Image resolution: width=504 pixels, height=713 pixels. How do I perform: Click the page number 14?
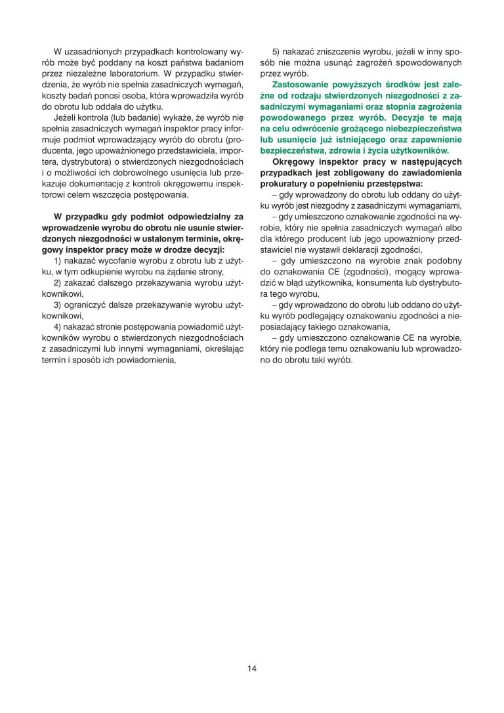point(252,668)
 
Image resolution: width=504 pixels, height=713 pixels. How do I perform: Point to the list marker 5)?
point(277,51)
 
